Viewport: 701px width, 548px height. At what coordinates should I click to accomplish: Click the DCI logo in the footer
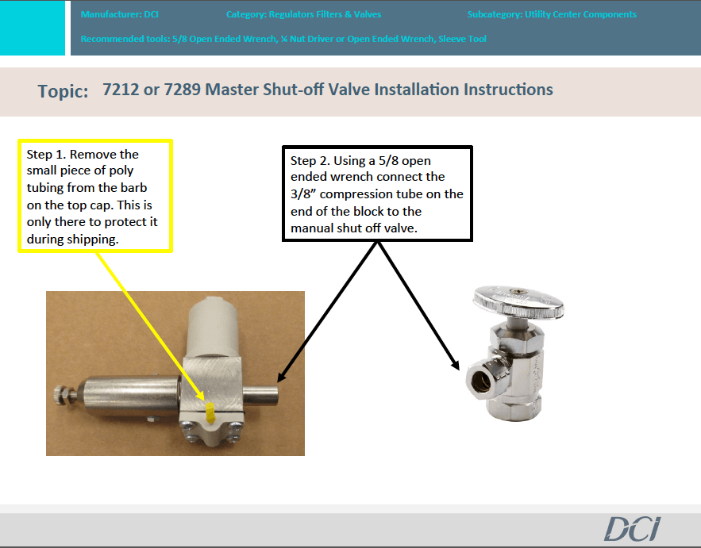coord(632,529)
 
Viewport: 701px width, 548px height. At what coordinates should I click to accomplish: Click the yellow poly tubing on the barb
coord(210,412)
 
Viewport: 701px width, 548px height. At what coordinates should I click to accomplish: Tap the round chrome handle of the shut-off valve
coord(518,301)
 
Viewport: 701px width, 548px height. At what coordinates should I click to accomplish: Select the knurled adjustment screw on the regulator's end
coord(62,395)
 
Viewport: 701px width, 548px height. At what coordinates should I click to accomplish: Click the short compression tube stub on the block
coord(260,395)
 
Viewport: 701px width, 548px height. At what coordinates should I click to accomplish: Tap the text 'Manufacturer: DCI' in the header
coord(119,14)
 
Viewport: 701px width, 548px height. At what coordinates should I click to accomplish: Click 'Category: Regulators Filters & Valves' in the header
coord(303,14)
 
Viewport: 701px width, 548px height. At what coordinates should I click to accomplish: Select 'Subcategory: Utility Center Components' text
coord(552,14)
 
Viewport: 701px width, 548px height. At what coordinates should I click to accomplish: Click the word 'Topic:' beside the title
coord(63,91)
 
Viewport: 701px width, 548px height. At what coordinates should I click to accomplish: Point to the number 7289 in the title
coord(183,90)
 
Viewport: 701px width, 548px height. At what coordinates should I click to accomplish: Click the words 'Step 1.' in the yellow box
coord(47,155)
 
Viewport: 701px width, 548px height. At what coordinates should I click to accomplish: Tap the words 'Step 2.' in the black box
coord(310,161)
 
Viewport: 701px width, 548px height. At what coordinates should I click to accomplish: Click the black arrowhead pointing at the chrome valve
coord(455,363)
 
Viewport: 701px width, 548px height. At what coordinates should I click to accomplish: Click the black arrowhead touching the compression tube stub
coord(282,376)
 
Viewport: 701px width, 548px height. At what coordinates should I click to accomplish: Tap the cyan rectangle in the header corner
coord(33,28)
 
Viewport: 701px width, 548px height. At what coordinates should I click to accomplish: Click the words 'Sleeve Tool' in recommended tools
coord(462,39)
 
